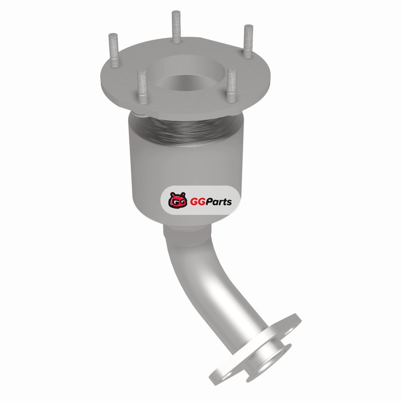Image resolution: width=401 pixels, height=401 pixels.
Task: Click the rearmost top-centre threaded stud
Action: (x=176, y=27)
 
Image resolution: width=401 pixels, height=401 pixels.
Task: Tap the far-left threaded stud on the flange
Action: (x=114, y=50)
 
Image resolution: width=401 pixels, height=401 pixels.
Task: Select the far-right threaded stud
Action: (x=248, y=42)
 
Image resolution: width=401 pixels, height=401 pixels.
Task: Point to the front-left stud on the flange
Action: (x=142, y=87)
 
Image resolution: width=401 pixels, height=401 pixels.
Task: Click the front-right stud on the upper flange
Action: (x=232, y=85)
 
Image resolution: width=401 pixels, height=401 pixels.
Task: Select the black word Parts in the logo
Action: (x=219, y=202)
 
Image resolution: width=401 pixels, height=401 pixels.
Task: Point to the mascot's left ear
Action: (x=171, y=194)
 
